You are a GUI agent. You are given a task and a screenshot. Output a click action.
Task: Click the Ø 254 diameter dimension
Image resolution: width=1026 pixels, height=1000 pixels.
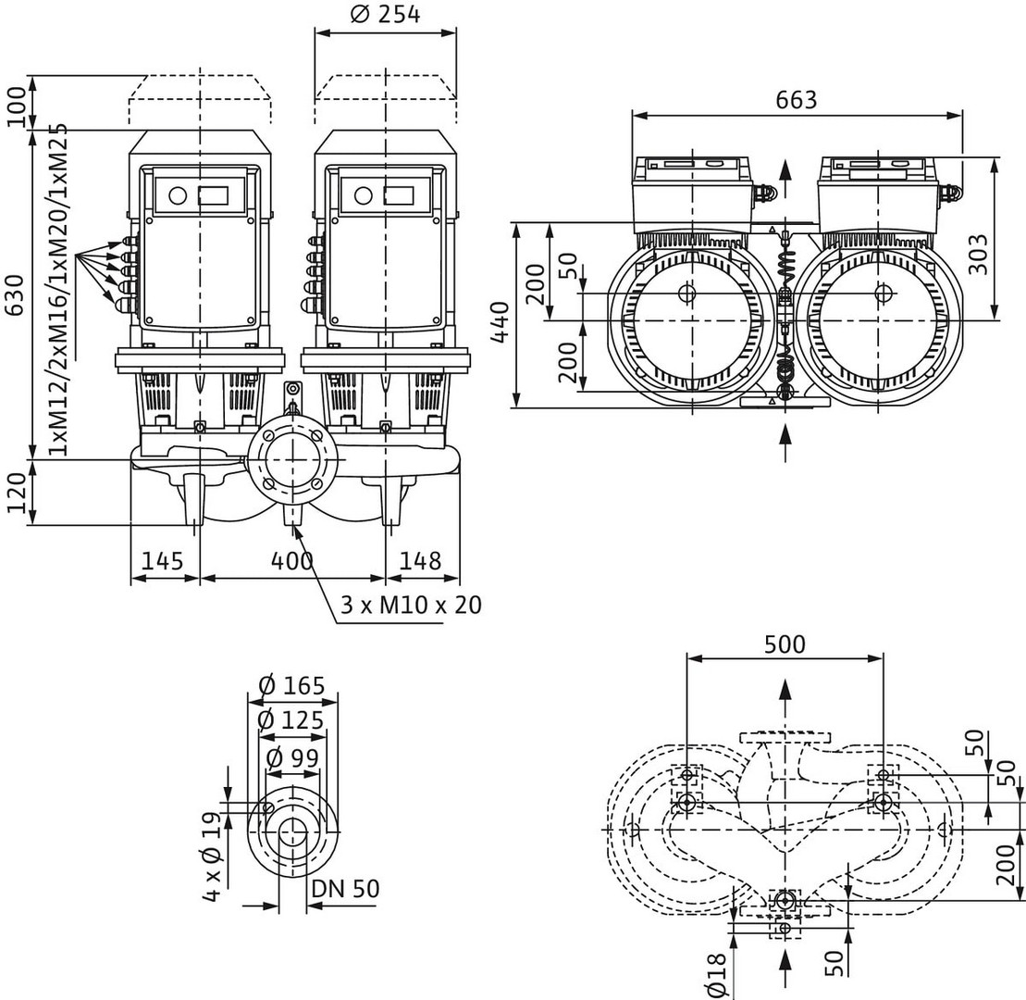(386, 15)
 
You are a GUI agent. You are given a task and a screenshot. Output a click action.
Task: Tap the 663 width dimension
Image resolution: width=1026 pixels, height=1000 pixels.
(797, 99)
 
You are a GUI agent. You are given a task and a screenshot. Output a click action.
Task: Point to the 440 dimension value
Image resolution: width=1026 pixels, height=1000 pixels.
(501, 320)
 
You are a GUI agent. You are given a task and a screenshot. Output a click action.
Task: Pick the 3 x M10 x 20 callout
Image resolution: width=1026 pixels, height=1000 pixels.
(411, 606)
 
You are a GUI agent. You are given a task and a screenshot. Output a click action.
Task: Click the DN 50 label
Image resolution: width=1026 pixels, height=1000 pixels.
(345, 889)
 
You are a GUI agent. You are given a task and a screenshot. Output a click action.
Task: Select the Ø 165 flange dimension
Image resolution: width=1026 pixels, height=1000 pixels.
(291, 686)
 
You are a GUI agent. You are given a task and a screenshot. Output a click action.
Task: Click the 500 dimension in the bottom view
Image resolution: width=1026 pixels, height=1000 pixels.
(785, 644)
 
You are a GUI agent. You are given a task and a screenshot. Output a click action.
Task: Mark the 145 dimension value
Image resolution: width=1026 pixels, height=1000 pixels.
(164, 561)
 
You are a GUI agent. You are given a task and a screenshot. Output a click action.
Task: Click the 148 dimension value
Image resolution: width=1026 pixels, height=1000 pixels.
(420, 561)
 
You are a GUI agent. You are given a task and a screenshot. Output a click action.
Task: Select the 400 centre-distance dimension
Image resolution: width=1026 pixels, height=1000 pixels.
(291, 561)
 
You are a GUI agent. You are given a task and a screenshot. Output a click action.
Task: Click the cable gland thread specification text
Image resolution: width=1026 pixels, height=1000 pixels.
(60, 287)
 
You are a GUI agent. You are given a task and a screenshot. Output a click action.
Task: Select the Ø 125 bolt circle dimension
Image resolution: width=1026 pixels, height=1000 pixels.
(291, 721)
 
